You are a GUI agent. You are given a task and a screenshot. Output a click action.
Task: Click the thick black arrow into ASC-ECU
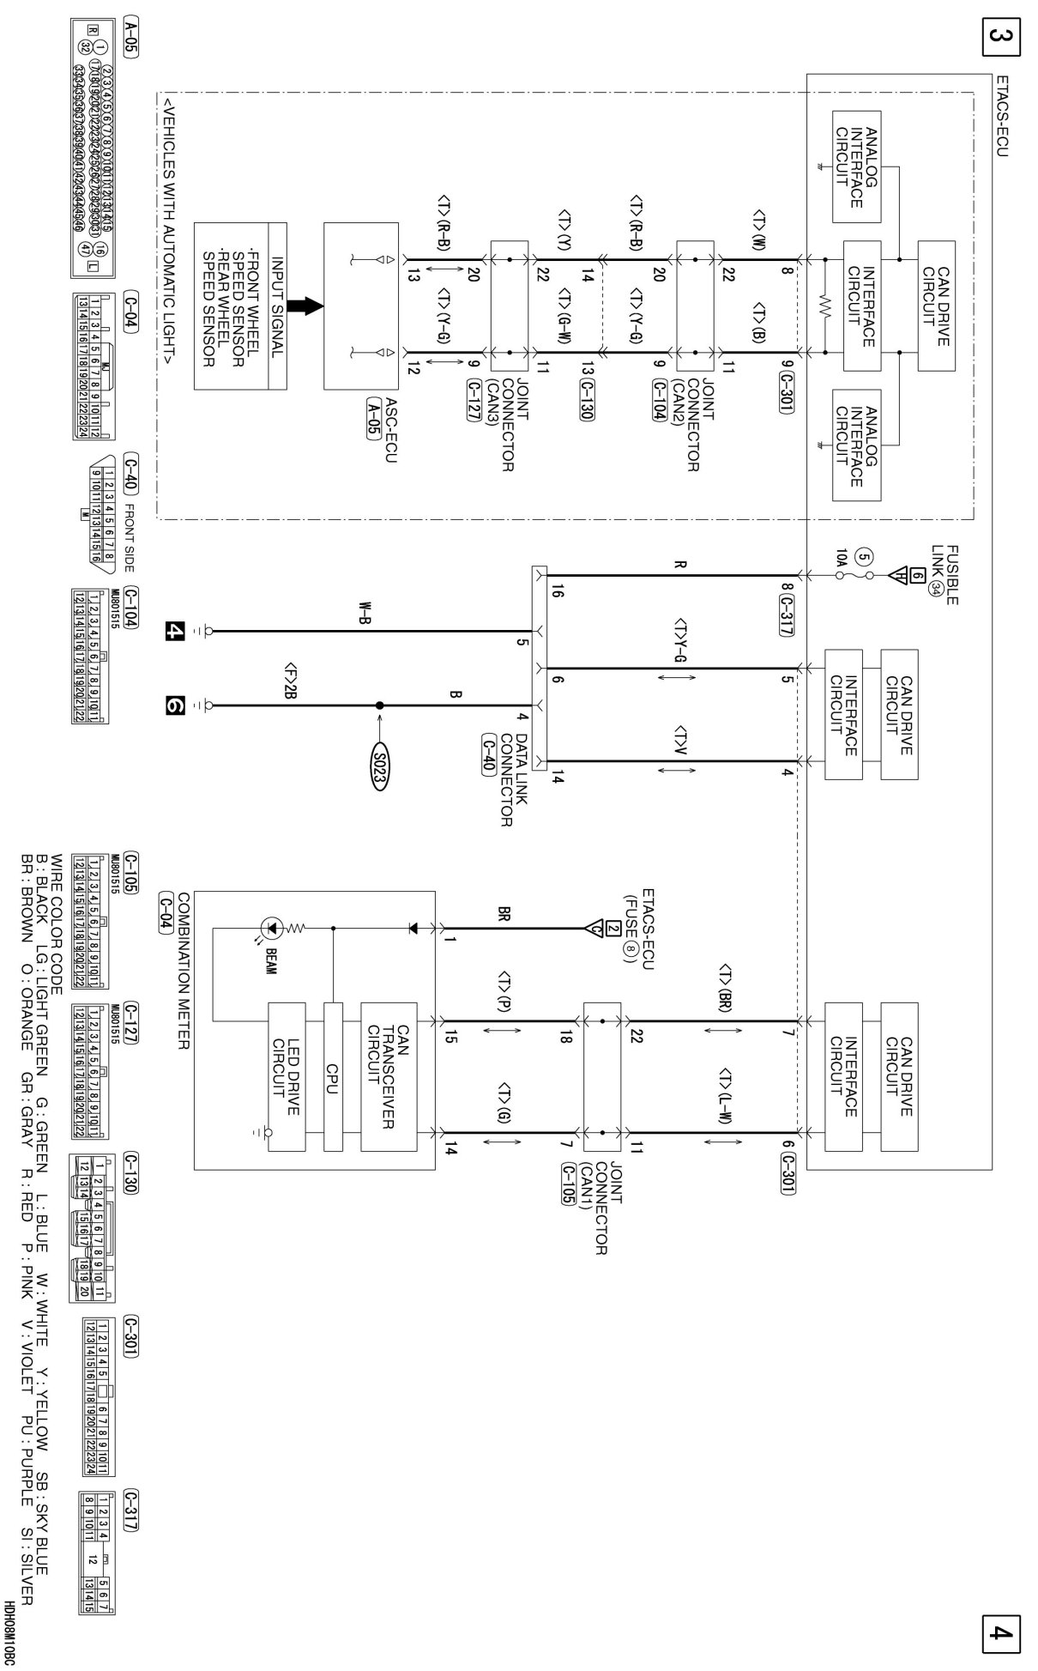[303, 306]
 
